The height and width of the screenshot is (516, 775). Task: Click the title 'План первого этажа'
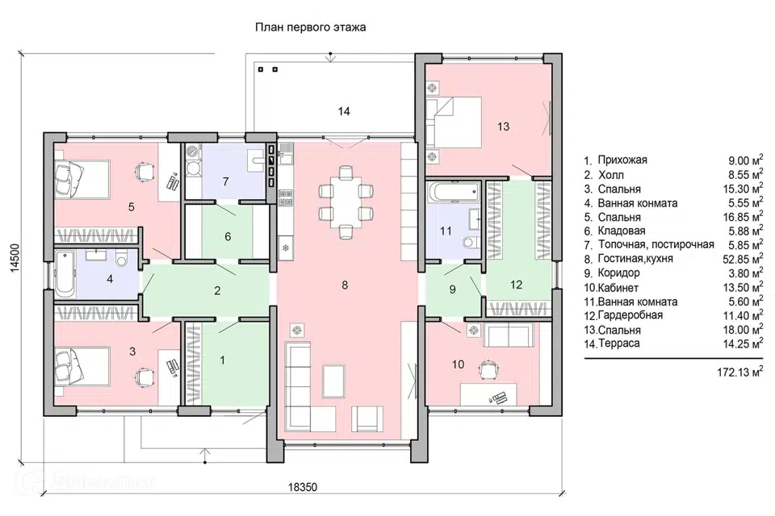coord(310,27)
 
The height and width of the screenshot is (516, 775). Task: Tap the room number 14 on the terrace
coord(344,111)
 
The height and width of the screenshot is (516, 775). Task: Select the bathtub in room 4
coord(65,275)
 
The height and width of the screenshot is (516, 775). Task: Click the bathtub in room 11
coord(453,192)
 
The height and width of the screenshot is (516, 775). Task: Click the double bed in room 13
coord(454,122)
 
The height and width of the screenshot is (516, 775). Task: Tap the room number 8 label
coord(345,285)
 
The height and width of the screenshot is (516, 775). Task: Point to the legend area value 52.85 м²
coord(743,258)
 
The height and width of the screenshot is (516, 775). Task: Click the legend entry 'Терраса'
coord(619,343)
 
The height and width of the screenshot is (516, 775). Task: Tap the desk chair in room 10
coord(488,368)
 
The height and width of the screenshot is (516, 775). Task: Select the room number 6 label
coord(228,236)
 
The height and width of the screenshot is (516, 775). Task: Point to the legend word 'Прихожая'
coord(622,160)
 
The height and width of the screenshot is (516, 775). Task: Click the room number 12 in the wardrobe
coord(516,285)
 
